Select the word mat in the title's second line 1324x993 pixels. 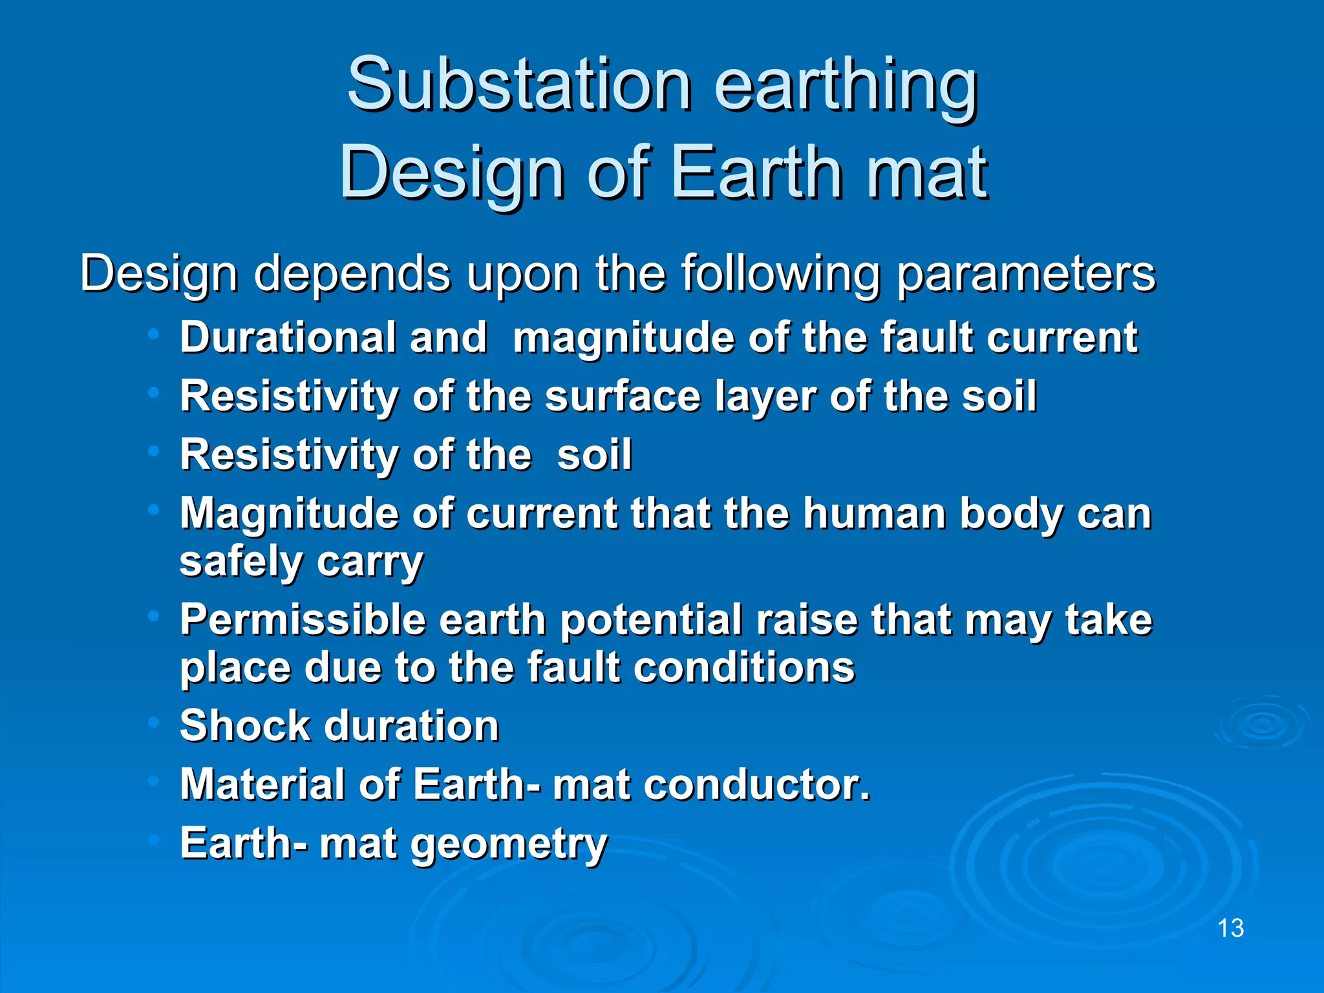click(926, 173)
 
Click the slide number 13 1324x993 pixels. click(1230, 928)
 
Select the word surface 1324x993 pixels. click(623, 396)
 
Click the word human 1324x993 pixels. click(875, 514)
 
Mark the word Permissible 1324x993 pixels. click(303, 620)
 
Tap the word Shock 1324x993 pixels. click(245, 725)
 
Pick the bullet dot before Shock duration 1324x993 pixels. click(153, 722)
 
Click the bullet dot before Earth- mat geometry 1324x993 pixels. click(153, 840)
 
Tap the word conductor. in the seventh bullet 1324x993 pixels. click(757, 784)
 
